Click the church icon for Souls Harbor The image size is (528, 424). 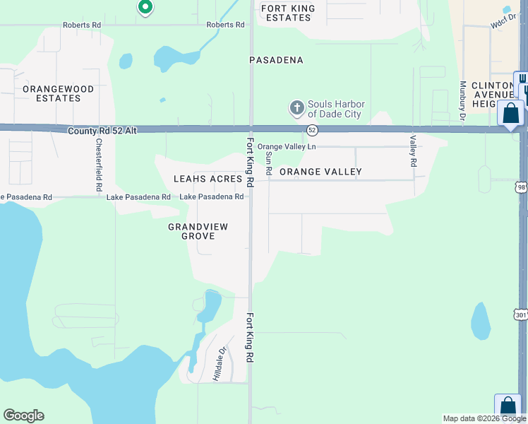click(x=296, y=109)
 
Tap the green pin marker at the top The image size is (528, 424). click(x=145, y=7)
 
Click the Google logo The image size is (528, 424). click(x=23, y=416)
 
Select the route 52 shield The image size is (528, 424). click(x=312, y=130)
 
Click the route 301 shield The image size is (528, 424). click(x=521, y=314)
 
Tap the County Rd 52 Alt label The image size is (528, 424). click(x=102, y=131)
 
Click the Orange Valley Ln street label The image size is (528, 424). click(x=287, y=146)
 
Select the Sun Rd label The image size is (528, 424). click(x=268, y=163)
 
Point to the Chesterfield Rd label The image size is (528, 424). click(x=99, y=164)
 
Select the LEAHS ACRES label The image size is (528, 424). click(x=208, y=179)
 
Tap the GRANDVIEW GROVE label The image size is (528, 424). click(x=191, y=231)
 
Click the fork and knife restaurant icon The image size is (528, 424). click(x=522, y=78)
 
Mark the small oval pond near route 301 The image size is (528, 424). click(x=481, y=321)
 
